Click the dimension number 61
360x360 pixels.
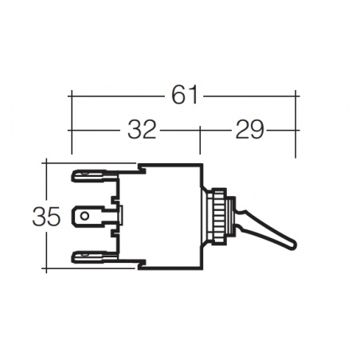click(184, 96)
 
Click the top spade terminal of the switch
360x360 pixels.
click(89, 174)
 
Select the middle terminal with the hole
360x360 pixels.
click(92, 215)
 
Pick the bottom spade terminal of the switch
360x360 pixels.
click(89, 256)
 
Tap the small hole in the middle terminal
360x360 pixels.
click(84, 215)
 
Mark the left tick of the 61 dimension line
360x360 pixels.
click(72, 96)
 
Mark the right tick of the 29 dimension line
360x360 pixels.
click(296, 130)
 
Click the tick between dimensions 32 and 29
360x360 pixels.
click(199, 130)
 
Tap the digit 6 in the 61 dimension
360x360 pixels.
click(178, 96)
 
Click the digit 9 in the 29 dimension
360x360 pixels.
click(256, 130)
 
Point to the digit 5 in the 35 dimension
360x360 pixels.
click(54, 216)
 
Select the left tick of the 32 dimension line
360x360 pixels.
click(72, 130)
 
